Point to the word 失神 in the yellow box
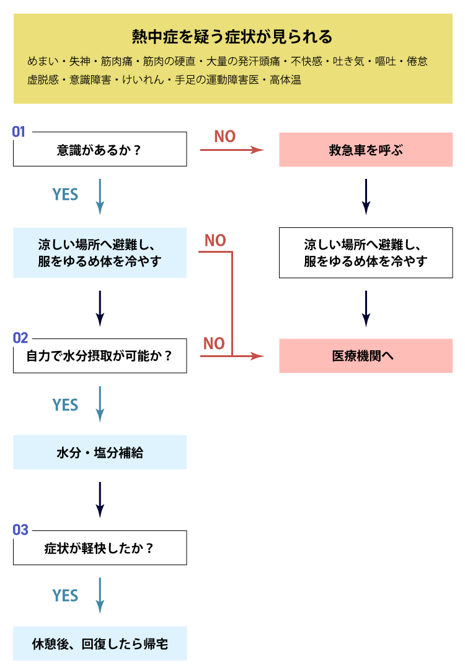tap(81, 62)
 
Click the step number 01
tap(19, 132)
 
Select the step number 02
tap(20, 338)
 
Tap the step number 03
tap(20, 530)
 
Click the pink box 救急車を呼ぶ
tap(366, 150)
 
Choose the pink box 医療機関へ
tap(366, 356)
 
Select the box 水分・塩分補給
tap(100, 452)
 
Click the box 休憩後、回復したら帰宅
tap(100, 643)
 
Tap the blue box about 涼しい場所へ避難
tap(100, 253)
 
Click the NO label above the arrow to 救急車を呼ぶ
tap(224, 137)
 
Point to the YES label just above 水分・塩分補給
tap(65, 405)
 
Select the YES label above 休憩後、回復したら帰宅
tap(65, 596)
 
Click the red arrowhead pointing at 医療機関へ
tap(258, 356)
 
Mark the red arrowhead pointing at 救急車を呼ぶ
tap(258, 150)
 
